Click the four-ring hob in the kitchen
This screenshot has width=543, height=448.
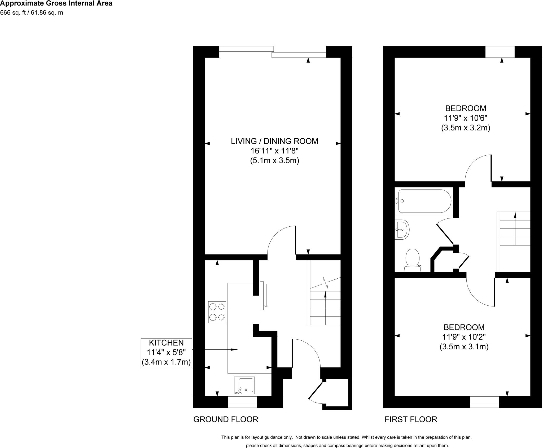(217, 312)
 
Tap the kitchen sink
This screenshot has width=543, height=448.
(244, 385)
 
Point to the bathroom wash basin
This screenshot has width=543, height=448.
(402, 230)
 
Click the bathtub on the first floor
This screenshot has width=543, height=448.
(423, 201)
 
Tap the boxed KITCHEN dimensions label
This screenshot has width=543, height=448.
(166, 353)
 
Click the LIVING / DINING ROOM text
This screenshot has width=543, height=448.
(274, 141)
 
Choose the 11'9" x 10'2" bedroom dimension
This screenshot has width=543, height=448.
(464, 337)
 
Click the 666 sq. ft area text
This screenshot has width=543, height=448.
(32, 12)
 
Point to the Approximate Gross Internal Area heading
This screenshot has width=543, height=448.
(56, 3)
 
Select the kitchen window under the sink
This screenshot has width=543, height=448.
(243, 402)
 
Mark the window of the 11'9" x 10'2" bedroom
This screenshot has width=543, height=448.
(484, 402)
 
